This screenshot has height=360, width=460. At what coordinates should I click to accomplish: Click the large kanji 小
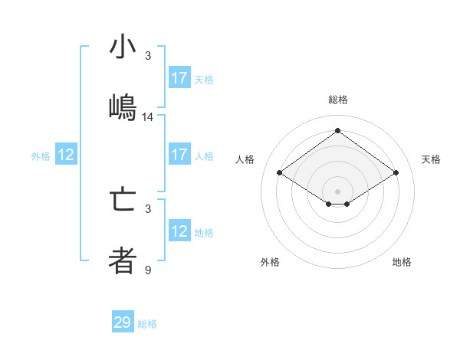click(x=123, y=47)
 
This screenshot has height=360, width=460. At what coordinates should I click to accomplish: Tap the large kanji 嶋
click(x=123, y=106)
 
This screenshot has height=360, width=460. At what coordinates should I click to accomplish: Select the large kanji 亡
click(x=123, y=201)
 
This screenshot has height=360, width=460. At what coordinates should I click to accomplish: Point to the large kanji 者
click(x=123, y=260)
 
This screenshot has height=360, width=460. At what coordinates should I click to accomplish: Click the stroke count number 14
click(x=148, y=117)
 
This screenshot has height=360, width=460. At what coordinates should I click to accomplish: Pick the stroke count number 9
click(x=148, y=270)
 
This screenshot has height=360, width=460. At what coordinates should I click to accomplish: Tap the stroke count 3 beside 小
click(x=148, y=56)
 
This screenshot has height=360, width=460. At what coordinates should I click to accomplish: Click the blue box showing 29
click(x=123, y=322)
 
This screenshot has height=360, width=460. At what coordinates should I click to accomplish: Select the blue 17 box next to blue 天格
click(x=179, y=78)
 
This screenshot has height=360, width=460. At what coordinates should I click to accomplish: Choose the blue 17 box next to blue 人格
click(x=179, y=155)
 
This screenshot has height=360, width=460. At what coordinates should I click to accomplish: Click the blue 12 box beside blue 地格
click(x=179, y=231)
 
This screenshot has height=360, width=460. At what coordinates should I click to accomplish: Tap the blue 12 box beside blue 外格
click(x=66, y=155)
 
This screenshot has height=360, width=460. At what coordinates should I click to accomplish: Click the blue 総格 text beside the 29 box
click(x=147, y=324)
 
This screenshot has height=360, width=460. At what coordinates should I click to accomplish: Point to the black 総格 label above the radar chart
click(x=337, y=100)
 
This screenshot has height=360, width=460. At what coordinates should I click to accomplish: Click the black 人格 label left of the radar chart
click(x=245, y=159)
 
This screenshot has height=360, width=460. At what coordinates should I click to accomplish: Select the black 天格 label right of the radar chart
click(x=431, y=159)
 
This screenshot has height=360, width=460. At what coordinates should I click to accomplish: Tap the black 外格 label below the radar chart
click(x=270, y=262)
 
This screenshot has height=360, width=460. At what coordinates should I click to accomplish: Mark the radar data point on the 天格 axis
click(x=396, y=173)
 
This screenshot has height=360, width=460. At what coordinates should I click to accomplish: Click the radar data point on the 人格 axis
click(x=280, y=173)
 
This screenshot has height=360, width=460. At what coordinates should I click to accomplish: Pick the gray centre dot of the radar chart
click(x=337, y=191)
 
